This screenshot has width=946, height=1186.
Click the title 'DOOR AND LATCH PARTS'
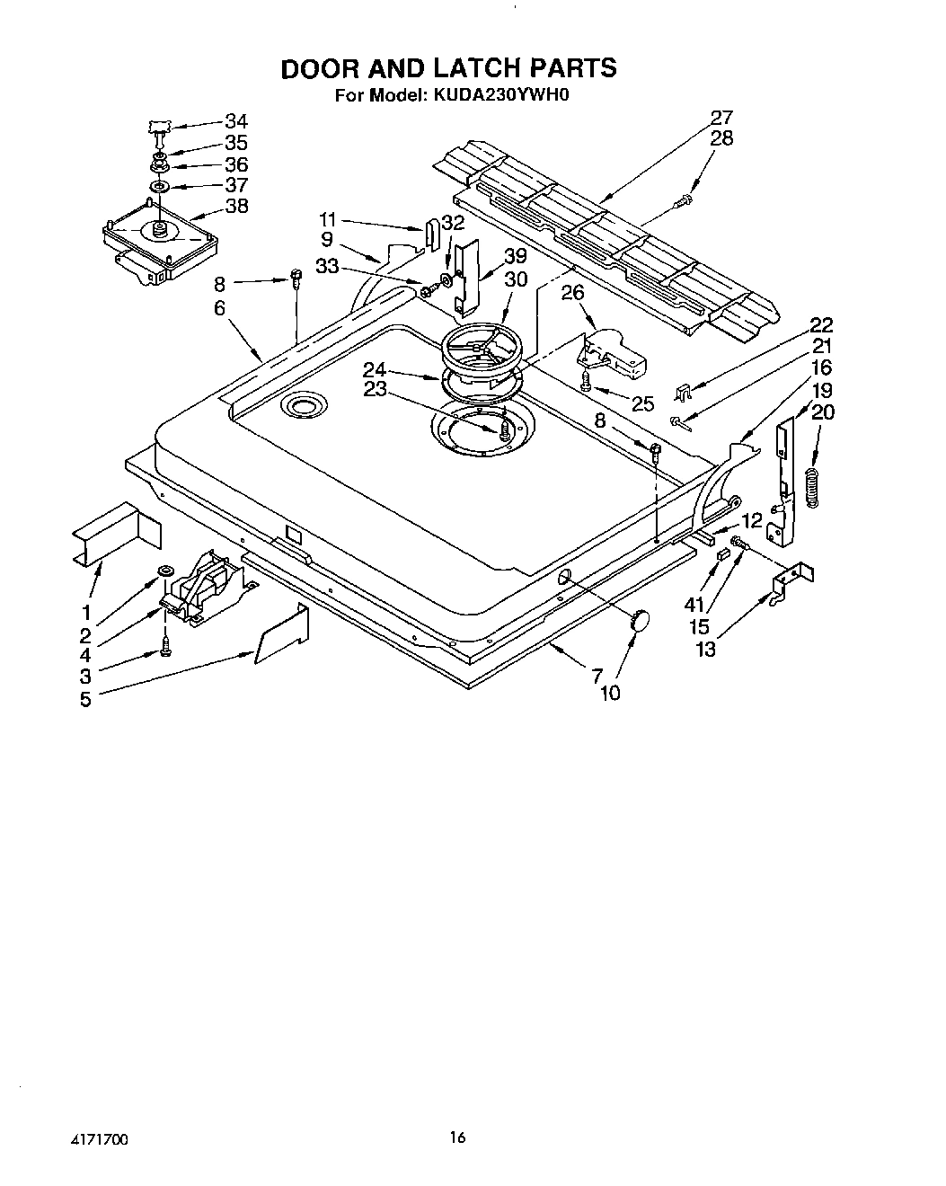(449, 68)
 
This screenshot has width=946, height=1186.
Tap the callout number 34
(236, 121)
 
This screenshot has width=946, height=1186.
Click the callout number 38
(236, 206)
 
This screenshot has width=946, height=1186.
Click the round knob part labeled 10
(640, 619)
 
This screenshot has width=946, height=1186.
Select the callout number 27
(721, 118)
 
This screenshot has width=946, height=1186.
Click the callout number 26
(573, 292)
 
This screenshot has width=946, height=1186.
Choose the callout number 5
(85, 699)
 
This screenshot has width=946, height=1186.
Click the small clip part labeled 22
(684, 393)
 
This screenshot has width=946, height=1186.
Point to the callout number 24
(376, 368)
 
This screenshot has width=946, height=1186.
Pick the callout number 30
(516, 279)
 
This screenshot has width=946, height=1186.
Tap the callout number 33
(327, 266)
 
